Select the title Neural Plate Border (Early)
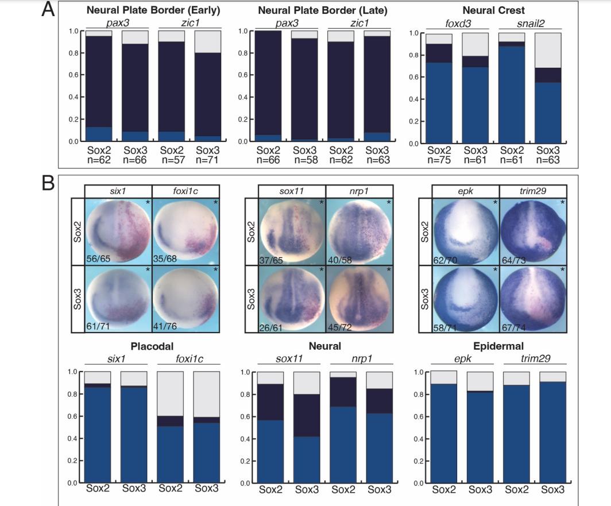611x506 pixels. click(153, 10)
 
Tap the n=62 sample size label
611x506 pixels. click(99, 160)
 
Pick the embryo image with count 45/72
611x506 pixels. click(359, 298)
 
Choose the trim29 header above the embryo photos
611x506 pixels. click(533, 191)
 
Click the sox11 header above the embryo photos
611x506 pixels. click(291, 191)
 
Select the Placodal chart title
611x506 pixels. click(152, 346)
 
